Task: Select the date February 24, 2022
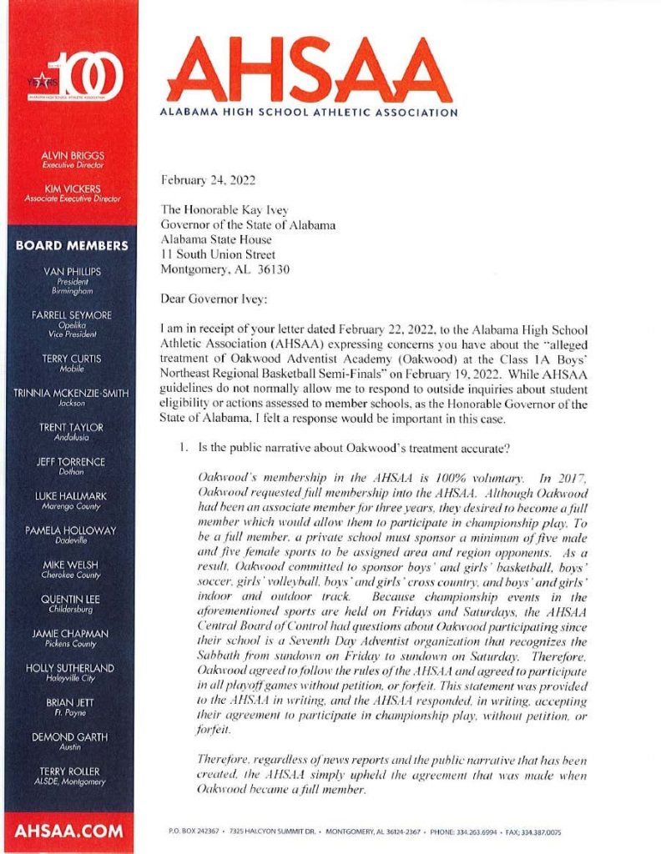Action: [204, 178]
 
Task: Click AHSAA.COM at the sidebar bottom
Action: [69, 831]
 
